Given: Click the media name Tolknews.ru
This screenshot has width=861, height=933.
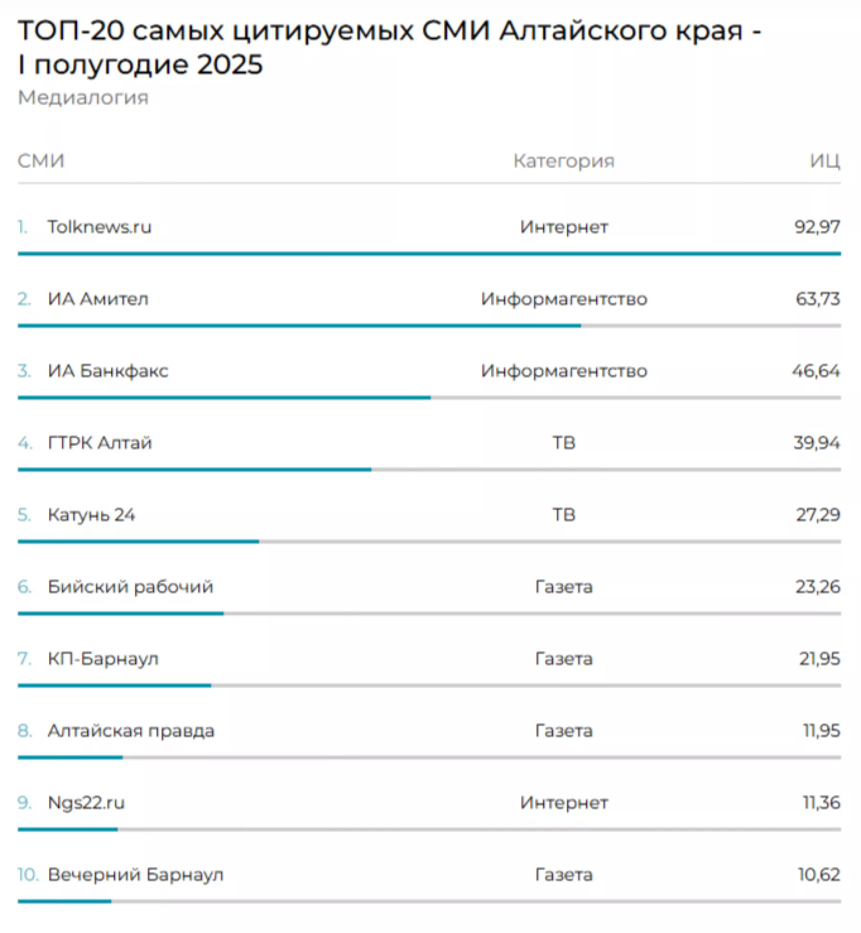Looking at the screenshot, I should tap(99, 227).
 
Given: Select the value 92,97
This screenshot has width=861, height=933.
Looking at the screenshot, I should tap(817, 227).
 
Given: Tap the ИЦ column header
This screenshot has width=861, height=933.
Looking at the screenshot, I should tap(825, 161).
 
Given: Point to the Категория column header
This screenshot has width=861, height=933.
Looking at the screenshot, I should tap(564, 161).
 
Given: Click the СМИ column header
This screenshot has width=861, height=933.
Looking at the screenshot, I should tap(41, 161).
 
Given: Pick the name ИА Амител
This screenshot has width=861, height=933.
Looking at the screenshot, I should tap(98, 299).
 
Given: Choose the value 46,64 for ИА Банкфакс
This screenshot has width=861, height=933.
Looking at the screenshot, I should tap(816, 371).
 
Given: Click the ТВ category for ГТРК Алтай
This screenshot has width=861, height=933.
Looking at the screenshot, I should tap(564, 443).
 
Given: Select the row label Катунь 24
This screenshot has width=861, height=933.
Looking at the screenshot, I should tap(91, 515).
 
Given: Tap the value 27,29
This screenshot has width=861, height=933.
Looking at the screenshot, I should tap(817, 515).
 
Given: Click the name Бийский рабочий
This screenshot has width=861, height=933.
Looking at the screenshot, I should tap(130, 587).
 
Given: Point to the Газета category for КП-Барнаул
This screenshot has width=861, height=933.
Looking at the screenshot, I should tap(564, 659).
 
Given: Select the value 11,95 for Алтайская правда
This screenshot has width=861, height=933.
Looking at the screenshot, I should tap(821, 731).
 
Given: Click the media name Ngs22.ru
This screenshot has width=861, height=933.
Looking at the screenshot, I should tap(86, 802).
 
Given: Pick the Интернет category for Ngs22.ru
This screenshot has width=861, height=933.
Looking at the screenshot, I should tap(564, 802).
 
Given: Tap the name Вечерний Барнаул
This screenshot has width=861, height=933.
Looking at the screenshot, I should tap(135, 875).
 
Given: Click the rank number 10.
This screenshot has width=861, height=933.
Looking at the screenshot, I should tap(27, 875).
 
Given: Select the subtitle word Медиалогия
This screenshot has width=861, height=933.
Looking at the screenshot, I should tap(83, 98).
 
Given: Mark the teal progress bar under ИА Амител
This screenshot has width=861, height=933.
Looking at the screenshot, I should tap(299, 326).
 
